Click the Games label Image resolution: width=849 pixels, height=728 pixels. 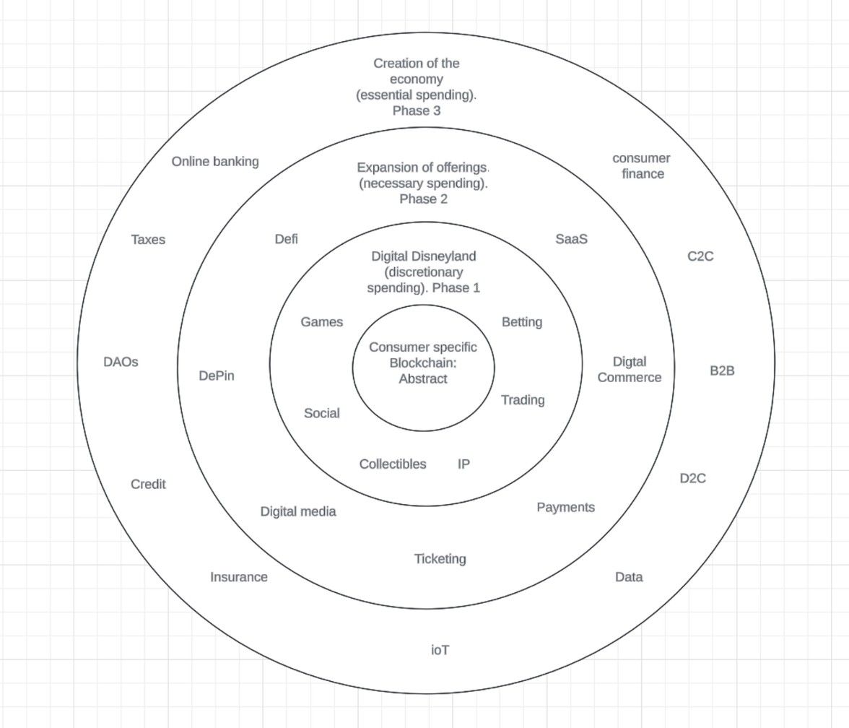click(322, 322)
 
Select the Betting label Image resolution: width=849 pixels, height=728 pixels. click(522, 322)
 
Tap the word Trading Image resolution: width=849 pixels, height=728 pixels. click(523, 400)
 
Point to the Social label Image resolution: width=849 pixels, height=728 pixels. click(322, 413)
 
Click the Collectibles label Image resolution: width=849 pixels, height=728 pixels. click(393, 464)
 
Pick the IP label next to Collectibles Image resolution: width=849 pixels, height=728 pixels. click(463, 464)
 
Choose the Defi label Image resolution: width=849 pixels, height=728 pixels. click(286, 239)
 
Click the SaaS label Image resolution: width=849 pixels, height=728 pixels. click(571, 239)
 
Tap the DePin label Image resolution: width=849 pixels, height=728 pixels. click(217, 376)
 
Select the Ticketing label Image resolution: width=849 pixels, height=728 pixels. click(440, 559)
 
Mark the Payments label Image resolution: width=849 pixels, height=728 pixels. click(565, 508)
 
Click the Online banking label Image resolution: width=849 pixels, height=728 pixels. click(215, 162)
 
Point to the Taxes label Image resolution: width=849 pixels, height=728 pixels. click(148, 240)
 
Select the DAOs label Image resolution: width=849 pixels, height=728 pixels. click(121, 363)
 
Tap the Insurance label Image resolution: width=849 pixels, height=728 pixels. click(239, 577)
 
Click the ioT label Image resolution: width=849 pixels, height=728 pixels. click(440, 650)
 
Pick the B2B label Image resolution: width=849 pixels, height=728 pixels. click(722, 371)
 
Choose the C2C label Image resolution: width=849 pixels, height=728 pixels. click(700, 256)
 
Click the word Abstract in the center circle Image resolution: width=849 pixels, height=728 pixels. click(423, 379)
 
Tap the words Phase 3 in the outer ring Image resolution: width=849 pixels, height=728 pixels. click(417, 110)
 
